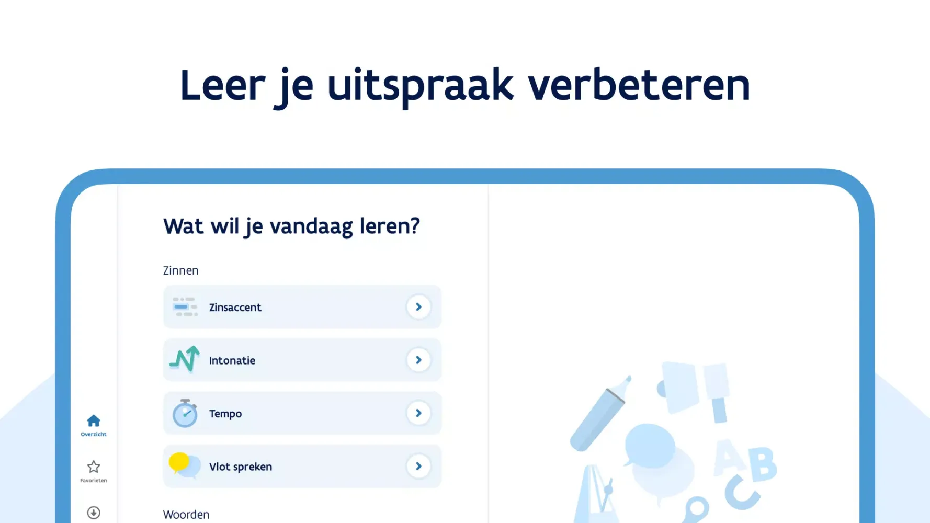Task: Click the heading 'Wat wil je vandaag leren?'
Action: point(291,226)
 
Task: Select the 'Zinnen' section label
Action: point(180,270)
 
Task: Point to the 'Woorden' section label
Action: point(186,515)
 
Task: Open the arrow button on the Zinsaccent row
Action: point(418,307)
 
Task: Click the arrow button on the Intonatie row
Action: point(418,360)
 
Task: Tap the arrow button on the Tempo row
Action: point(418,413)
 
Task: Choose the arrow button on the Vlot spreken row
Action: point(418,466)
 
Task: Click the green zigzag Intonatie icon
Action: point(184,359)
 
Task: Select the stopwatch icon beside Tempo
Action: point(185,414)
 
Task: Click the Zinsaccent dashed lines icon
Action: point(185,307)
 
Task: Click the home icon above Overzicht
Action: point(94,421)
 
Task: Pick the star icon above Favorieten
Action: point(94,467)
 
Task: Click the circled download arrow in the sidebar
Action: point(94,513)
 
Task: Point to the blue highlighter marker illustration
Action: point(599,414)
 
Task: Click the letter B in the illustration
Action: point(761,463)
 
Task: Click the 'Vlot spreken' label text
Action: point(240,467)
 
